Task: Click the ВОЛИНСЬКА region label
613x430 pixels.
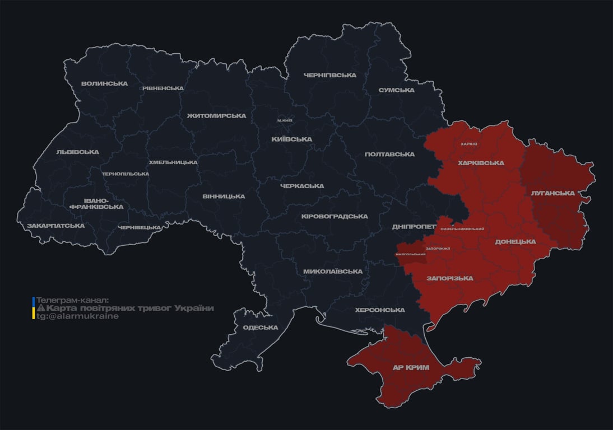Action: coord(104,84)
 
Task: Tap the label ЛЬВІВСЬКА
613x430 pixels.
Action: coord(77,152)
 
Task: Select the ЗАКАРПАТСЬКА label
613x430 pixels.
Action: coord(55,226)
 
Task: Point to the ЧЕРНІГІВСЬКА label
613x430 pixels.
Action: coord(330,76)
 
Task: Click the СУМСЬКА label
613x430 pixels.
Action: coord(396,90)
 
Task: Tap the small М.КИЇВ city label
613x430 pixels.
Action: coord(285,120)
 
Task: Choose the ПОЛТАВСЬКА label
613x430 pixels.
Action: coord(389,155)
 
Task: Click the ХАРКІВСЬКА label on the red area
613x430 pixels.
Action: coord(481,163)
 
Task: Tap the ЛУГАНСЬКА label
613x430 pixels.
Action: coord(552,193)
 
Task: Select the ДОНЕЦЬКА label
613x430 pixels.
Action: coord(515,242)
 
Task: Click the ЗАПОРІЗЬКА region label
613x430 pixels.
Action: coord(449,278)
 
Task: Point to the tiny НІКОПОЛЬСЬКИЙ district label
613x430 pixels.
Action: coord(410,254)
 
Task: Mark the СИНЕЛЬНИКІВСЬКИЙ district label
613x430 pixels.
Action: coord(462,229)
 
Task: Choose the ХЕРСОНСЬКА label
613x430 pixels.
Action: coord(380,310)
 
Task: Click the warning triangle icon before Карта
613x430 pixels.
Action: coord(40,309)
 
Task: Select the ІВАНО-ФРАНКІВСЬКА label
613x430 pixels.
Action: coord(96,203)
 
